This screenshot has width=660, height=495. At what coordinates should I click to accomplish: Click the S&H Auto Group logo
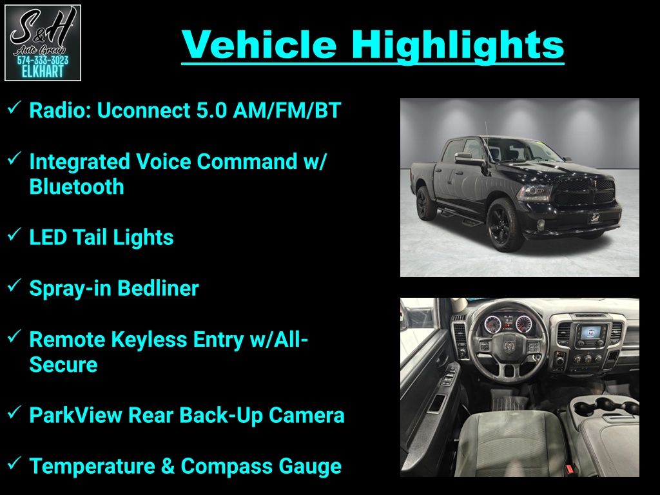43,43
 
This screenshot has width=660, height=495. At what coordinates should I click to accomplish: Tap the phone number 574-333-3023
43,61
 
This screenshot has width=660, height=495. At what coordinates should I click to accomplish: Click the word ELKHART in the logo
43,72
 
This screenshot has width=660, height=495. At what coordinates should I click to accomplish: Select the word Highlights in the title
458,46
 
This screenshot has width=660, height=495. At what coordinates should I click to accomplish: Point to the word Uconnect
144,110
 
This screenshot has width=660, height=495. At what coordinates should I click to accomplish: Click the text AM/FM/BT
287,110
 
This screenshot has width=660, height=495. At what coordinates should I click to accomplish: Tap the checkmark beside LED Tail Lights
14,235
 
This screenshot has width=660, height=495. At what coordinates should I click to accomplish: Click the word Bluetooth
77,186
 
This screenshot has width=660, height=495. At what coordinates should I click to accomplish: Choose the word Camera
306,415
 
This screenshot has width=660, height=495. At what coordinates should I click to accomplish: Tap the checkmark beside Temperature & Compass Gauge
14,463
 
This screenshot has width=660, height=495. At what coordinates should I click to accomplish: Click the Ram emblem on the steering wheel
509,346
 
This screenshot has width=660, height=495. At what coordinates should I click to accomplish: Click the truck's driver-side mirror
467,159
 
